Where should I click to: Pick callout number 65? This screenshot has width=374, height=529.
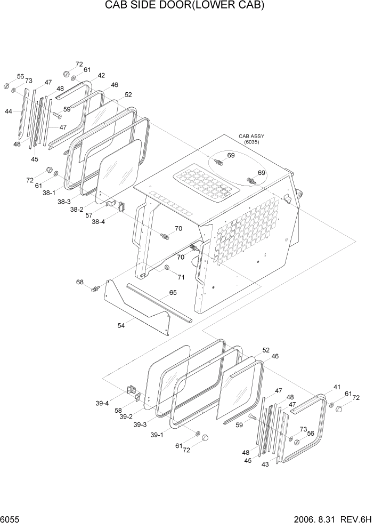173,293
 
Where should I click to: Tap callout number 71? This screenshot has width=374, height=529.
181,277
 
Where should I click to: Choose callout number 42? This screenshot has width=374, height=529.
101,76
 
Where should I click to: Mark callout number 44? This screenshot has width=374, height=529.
9,111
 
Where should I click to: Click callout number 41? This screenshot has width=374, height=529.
337,387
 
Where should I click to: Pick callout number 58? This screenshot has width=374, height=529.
118,410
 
